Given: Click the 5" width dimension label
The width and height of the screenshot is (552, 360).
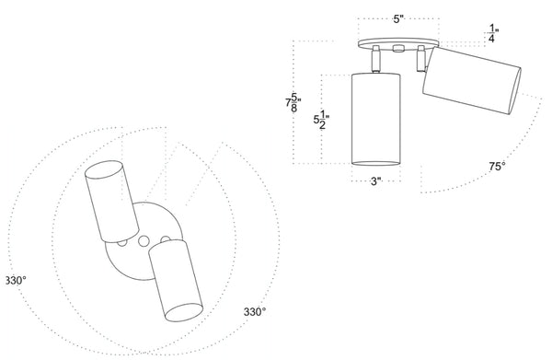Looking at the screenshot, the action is point(398,19).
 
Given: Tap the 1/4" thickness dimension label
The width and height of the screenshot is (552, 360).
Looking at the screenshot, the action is point(493,34).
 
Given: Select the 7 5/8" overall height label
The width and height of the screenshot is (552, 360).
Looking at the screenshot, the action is point(293,102).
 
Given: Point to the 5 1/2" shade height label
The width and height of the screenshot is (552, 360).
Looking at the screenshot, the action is point(321,120).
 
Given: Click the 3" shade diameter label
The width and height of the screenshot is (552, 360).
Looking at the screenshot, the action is point(376,181).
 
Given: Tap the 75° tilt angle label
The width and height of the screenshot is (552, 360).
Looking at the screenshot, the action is point(497,167).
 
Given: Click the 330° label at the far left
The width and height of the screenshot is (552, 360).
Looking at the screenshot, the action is point(17,281).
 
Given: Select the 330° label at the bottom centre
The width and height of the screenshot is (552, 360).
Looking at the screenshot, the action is point(255,312).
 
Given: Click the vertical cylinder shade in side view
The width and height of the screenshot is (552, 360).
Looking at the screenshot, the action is point(376,119).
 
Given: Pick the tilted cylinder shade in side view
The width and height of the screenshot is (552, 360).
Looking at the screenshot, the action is point(472,80).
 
